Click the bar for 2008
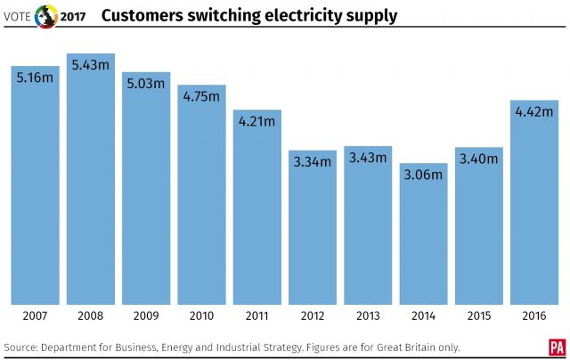[x=91, y=178]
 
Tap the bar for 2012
[x=313, y=227]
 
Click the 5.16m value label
[x=36, y=78]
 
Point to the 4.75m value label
[x=201, y=96]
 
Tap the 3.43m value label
[x=368, y=157]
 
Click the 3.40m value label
[x=479, y=159]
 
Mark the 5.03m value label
[x=146, y=84]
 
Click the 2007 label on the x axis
[x=36, y=316]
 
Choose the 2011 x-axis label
[x=257, y=316]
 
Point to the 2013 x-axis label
[x=368, y=316]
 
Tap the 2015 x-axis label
[x=479, y=316]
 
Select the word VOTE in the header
[x=18, y=17]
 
